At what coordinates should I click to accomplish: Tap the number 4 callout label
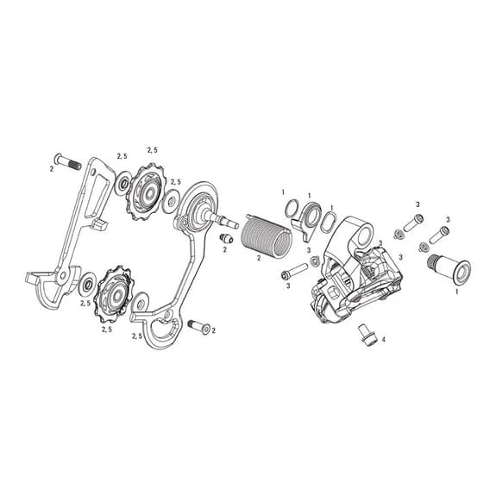(x=383, y=340)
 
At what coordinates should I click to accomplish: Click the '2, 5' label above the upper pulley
(x=152, y=150)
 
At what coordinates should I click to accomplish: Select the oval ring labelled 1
(x=329, y=223)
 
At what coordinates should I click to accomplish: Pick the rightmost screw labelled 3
(x=443, y=231)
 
